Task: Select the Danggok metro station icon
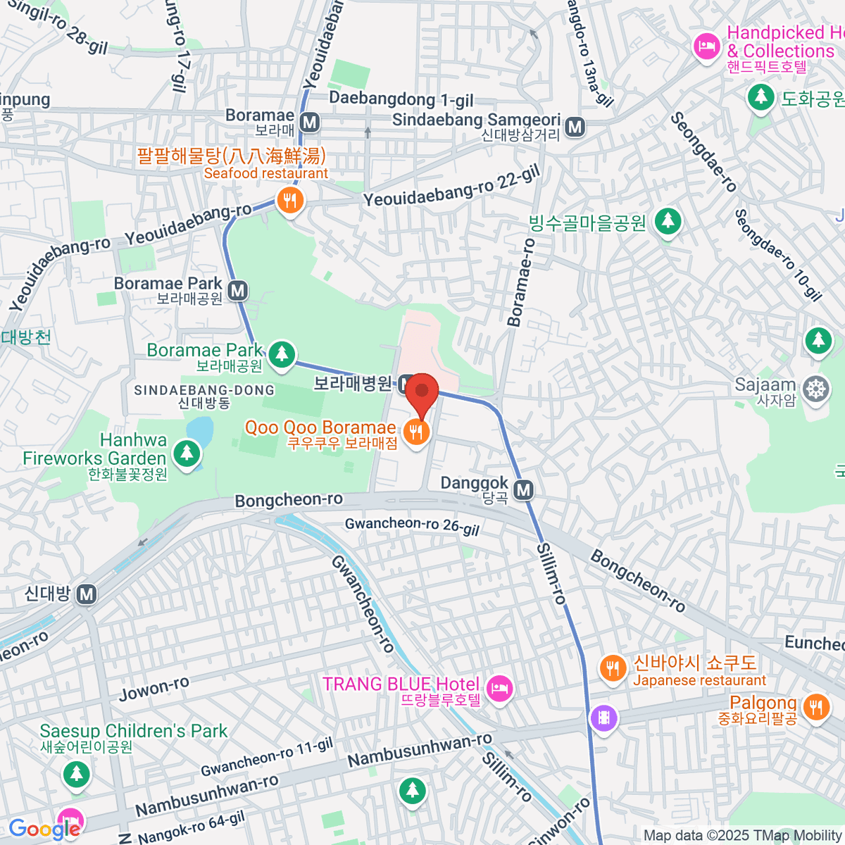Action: tap(523, 489)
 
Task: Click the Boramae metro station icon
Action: tap(309, 122)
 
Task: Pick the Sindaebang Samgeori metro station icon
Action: tap(575, 127)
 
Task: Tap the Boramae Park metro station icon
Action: tap(238, 290)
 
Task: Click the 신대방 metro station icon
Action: tap(87, 594)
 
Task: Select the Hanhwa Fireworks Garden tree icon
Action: tap(187, 453)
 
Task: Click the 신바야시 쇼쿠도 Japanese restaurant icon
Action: tap(613, 668)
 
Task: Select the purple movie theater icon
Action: tap(603, 718)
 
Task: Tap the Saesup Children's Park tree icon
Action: tap(76, 775)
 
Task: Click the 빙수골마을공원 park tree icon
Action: tap(668, 222)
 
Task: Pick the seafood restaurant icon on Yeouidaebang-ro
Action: tap(289, 201)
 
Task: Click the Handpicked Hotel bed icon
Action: tap(706, 47)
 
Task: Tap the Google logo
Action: tap(44, 829)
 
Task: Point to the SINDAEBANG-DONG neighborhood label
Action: tap(204, 390)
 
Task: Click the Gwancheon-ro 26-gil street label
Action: tap(412, 525)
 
